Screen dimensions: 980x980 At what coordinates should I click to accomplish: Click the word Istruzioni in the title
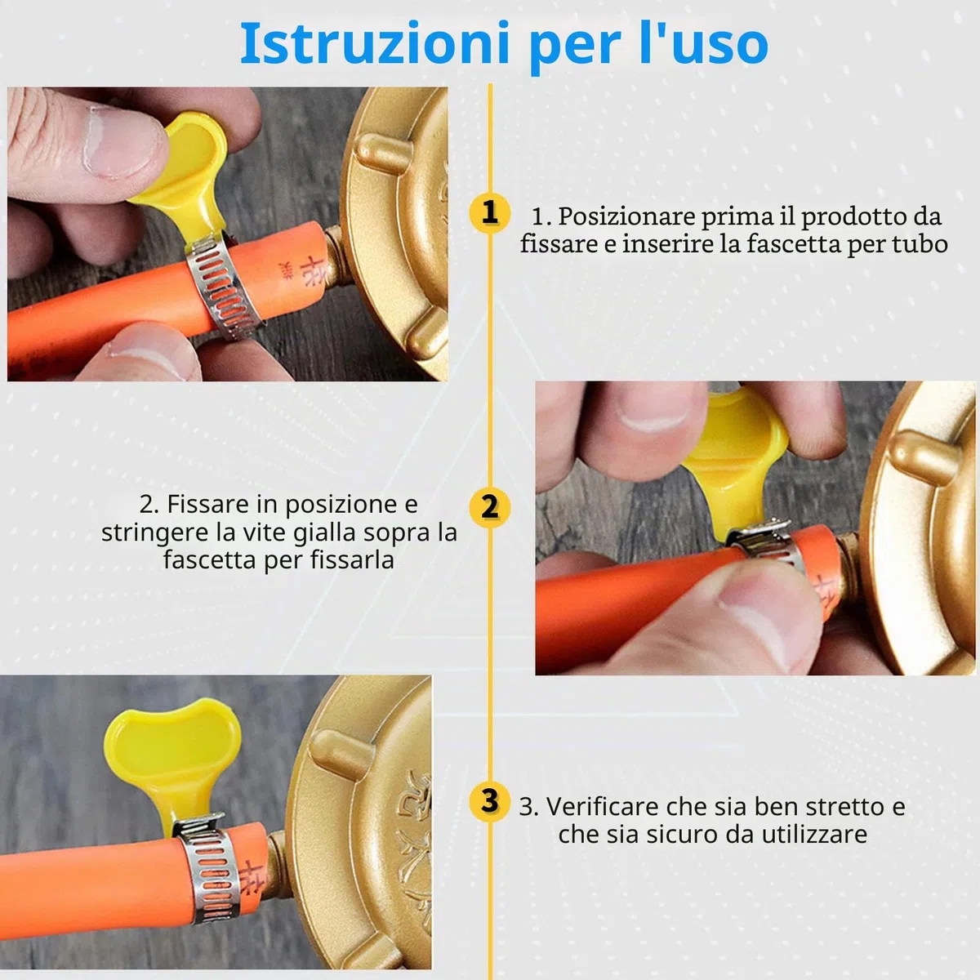374,43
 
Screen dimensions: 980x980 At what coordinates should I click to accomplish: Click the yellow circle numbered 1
489,212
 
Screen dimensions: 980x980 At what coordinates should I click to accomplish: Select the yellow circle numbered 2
489,506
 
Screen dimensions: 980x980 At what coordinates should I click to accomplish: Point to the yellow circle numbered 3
489,802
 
